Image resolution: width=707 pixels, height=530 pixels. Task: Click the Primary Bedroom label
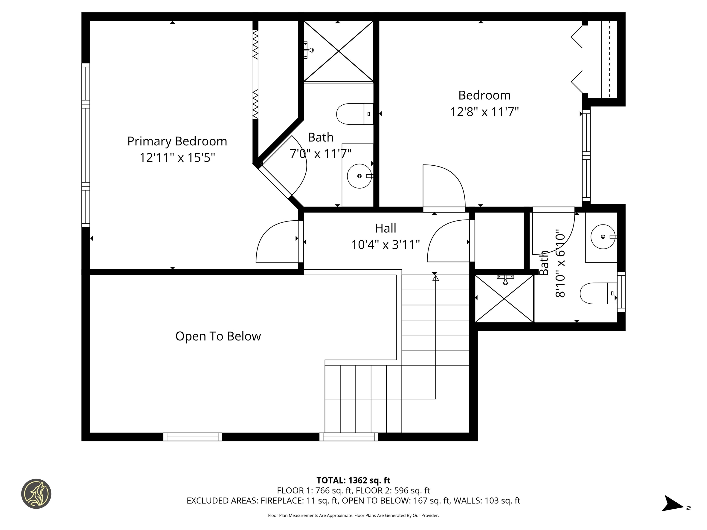pos(177,141)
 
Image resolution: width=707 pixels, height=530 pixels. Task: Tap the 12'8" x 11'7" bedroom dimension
pos(484,112)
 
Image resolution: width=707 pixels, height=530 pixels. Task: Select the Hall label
pos(385,228)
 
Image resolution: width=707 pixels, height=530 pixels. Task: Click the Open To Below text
pos(218,336)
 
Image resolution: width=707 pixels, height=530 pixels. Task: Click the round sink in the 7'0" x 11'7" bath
pos(359,176)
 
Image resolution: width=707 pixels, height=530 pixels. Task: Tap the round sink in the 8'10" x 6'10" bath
pos(603,237)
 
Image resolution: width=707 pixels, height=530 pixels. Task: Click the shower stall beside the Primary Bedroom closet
pos(338,51)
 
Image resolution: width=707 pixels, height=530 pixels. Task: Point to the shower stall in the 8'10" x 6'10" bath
pos(504,299)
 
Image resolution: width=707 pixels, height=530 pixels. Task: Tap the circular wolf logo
pos(36,494)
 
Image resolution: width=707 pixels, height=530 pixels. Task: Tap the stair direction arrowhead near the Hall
pos(435,278)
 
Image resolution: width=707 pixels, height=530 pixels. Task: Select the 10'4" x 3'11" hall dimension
pos(385,245)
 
